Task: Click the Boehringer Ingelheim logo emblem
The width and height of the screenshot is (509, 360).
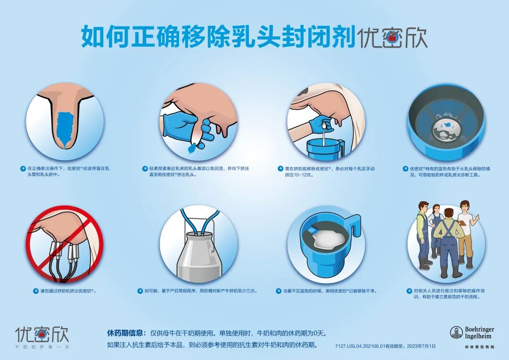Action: point(456,333)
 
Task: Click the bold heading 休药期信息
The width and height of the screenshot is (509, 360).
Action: point(124,333)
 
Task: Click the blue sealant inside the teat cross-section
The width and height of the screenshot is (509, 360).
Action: point(65,127)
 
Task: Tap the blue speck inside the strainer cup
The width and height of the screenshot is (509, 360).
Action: point(445,125)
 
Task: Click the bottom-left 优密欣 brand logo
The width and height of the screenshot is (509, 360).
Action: point(42,334)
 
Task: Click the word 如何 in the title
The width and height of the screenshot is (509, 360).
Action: point(98,37)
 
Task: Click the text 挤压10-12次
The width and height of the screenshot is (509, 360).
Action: point(299,175)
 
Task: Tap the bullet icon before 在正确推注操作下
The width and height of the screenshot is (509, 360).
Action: point(22,168)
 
